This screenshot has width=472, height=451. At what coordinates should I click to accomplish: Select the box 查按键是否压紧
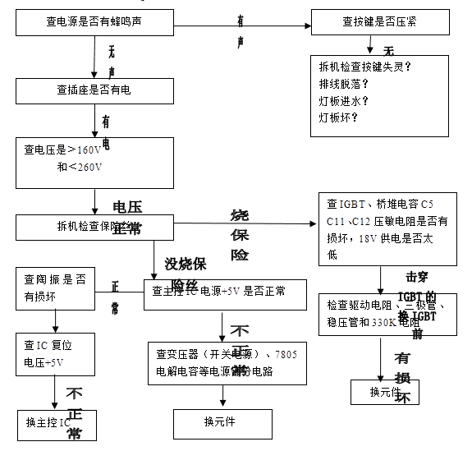coord(379,22)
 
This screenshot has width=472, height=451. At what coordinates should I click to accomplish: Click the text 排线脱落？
coord(344,83)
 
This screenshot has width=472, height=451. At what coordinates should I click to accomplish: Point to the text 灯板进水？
coord(344,100)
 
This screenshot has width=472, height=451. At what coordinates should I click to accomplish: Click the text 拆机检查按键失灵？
coord(364,66)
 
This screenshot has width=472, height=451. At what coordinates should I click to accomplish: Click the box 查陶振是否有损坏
coord(51,288)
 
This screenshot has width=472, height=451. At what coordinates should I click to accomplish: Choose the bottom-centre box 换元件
coord(220,422)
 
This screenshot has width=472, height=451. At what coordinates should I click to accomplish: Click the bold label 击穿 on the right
coord(416,277)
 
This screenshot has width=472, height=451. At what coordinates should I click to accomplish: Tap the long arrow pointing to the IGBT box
coord(246,223)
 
